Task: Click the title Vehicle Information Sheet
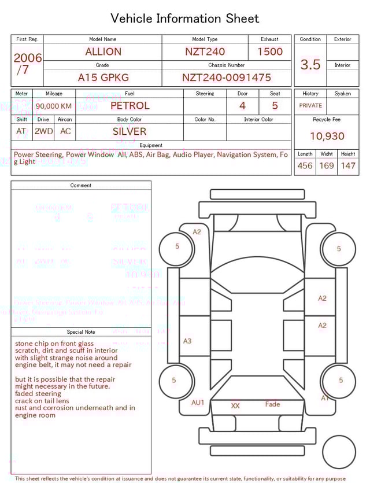coord(185,19)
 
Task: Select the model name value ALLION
coord(103,51)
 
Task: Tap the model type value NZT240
coord(205,51)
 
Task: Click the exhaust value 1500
coord(270,51)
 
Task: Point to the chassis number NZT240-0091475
coord(226,78)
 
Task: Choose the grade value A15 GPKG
coord(103,78)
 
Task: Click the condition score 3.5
coord(310,65)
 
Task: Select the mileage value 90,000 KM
coord(54,106)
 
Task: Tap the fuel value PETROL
coord(129,106)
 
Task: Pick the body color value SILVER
coord(129,131)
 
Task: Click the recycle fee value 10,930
coord(327,137)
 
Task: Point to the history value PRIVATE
coord(310,106)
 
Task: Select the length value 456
coord(305,166)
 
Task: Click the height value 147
coord(348,166)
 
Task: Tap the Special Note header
coord(81,332)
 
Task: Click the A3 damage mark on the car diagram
coord(187,341)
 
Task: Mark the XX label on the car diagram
coord(235,406)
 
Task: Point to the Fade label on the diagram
coord(272,404)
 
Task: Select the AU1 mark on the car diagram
coord(198,403)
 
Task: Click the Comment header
coord(81,186)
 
